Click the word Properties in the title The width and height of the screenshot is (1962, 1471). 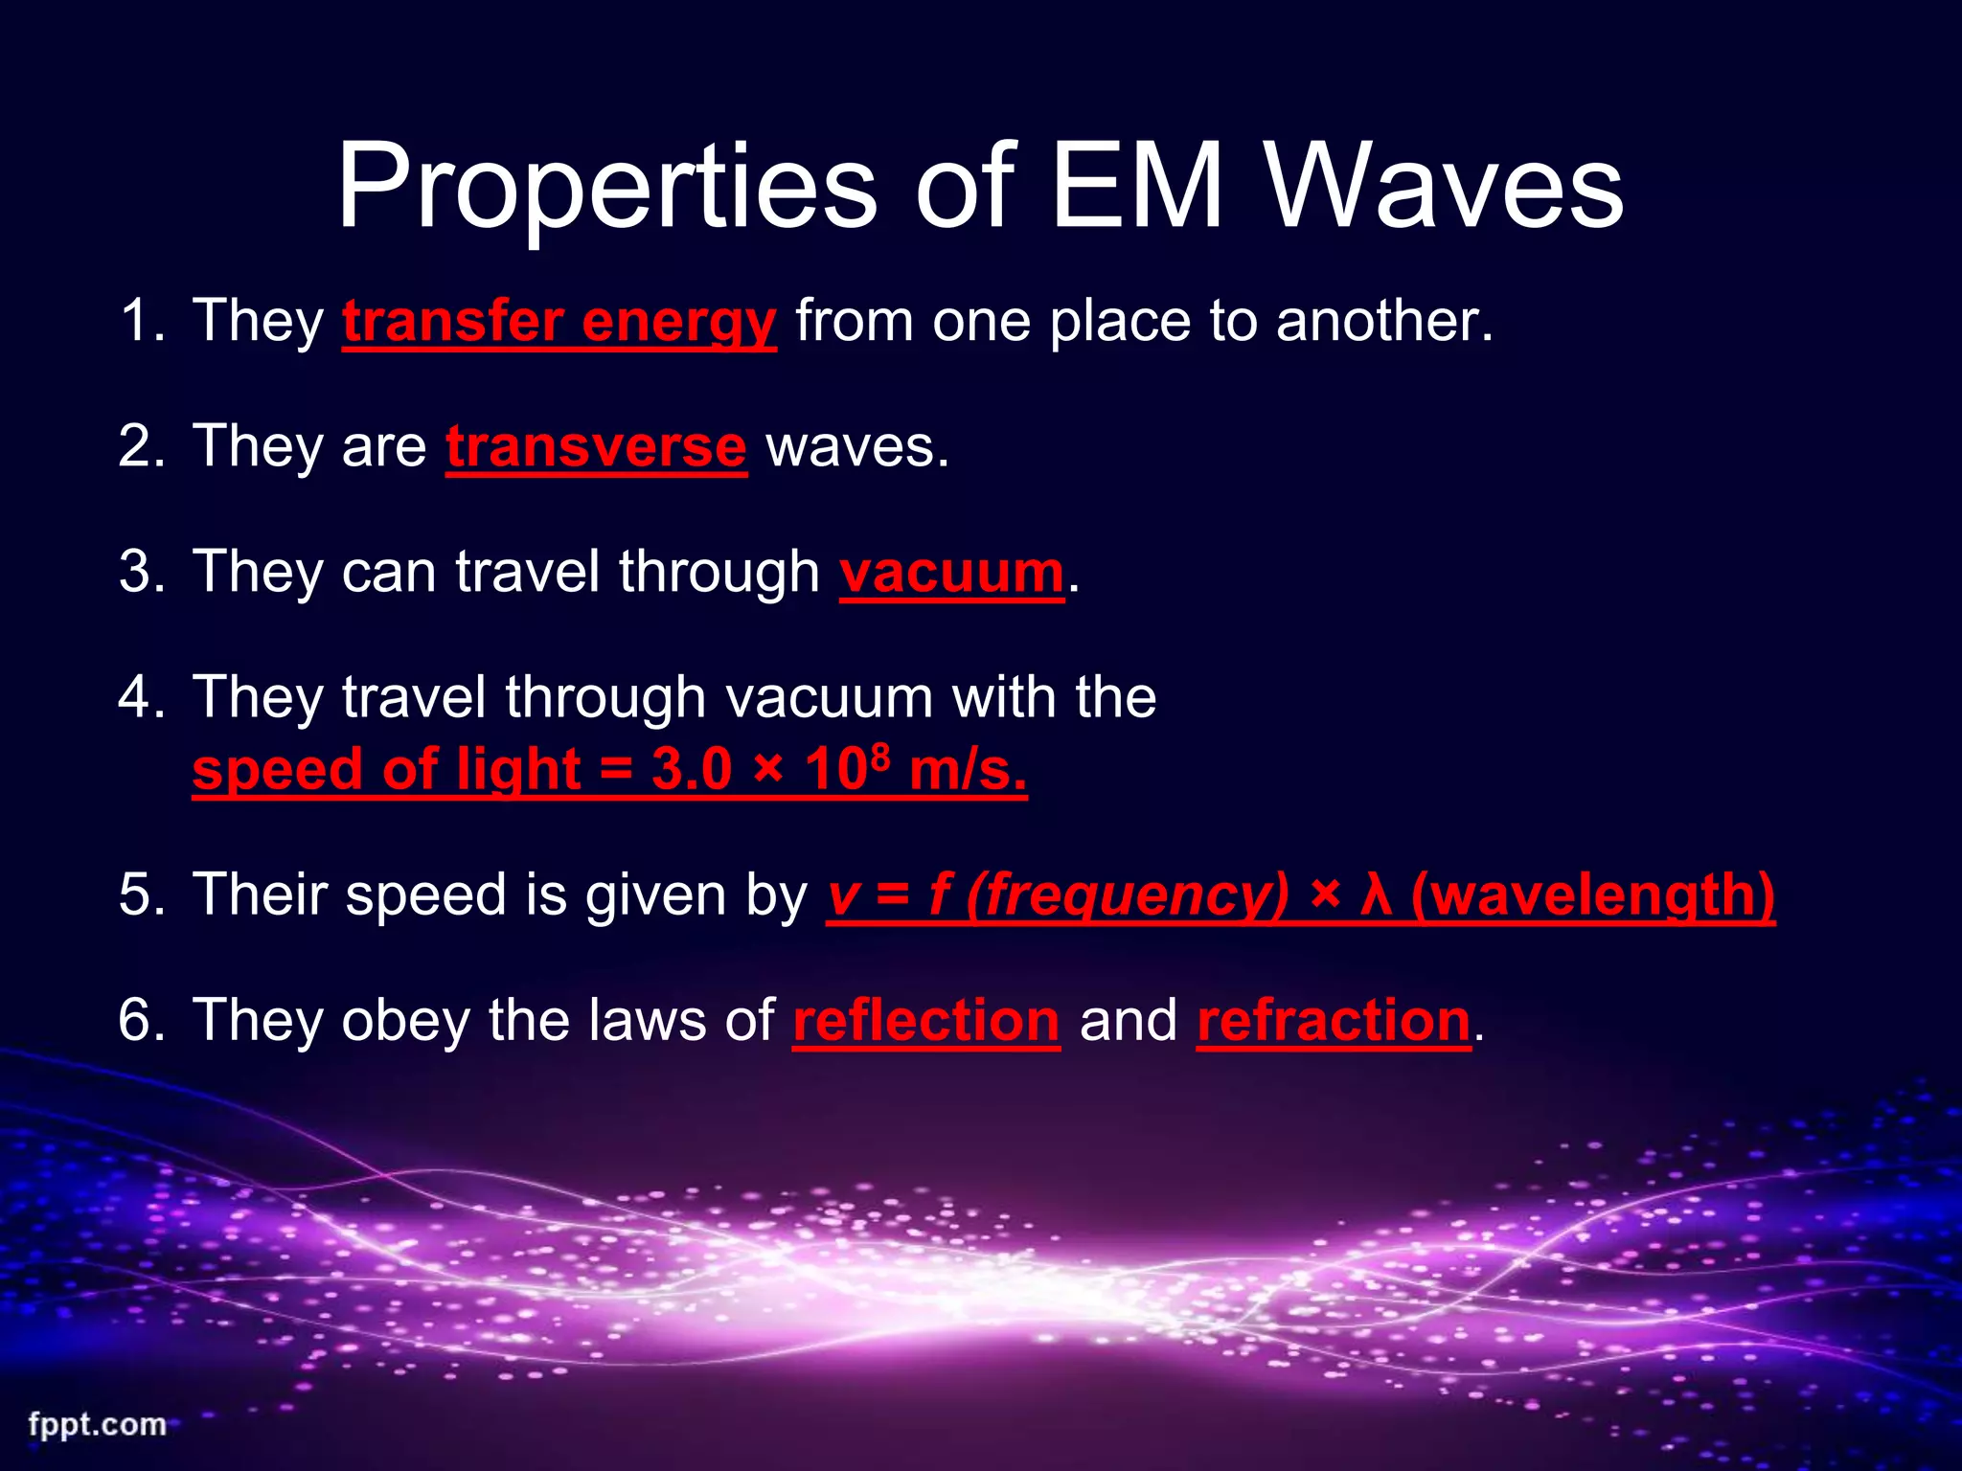click(605, 189)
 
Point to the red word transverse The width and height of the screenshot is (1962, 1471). click(596, 447)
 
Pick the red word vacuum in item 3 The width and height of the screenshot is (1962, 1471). click(951, 573)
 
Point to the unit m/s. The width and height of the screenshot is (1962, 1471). click(968, 770)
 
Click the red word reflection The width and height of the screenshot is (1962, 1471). click(926, 1021)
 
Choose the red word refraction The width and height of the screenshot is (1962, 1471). click(1334, 1021)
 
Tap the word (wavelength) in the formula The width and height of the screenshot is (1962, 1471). click(1593, 895)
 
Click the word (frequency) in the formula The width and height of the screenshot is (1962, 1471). click(1128, 895)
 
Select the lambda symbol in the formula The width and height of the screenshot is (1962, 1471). click(1376, 895)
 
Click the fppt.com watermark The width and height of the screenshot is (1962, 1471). click(97, 1424)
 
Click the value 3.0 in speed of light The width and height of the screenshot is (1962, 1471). click(692, 770)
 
